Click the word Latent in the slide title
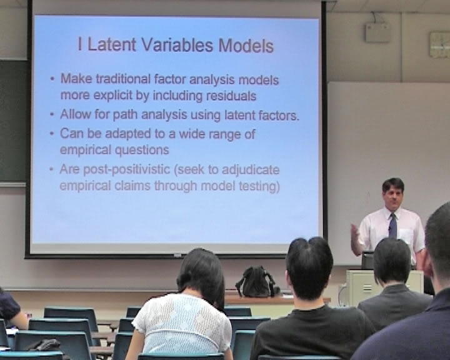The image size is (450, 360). click(x=111, y=45)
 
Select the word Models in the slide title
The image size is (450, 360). click(x=246, y=46)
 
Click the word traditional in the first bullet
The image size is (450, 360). click(x=123, y=79)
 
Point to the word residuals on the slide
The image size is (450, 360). click(x=231, y=96)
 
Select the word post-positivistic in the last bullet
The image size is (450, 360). click(x=126, y=169)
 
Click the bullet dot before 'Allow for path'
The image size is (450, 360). click(x=52, y=115)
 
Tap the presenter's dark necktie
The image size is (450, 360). click(x=393, y=226)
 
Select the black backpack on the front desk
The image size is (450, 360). click(x=255, y=282)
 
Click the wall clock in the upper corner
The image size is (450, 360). click(x=439, y=44)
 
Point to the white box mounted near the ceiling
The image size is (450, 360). click(x=377, y=32)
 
